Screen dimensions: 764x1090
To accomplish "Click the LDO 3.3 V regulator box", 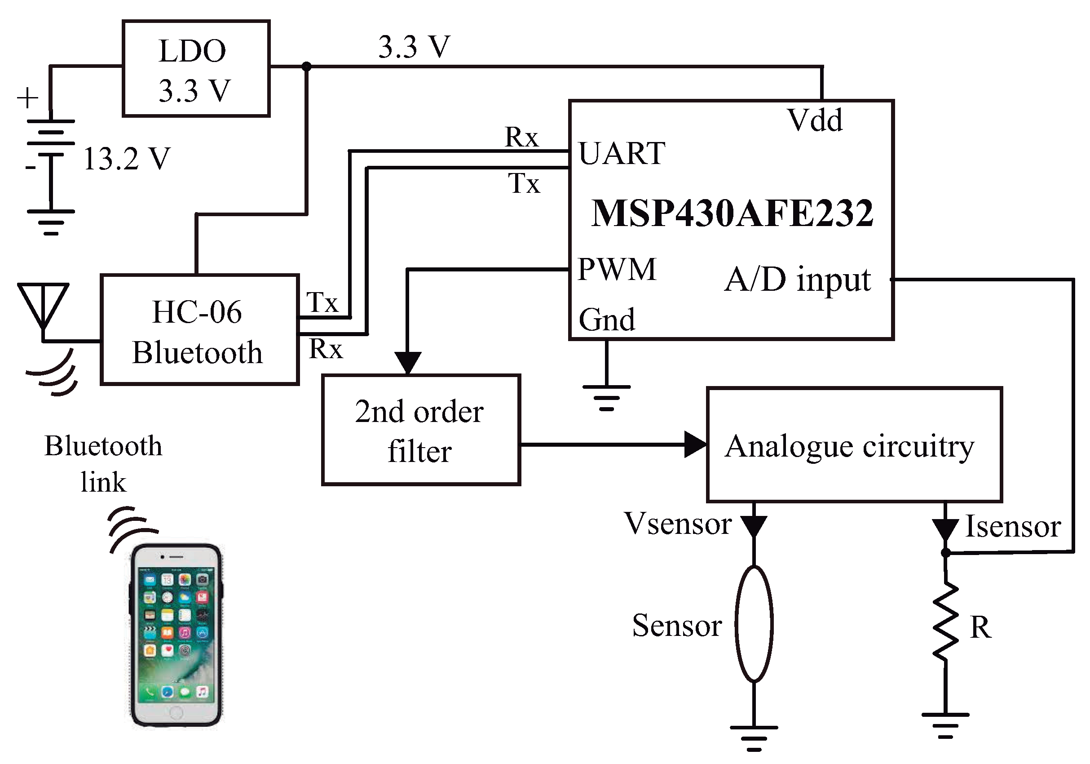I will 196,69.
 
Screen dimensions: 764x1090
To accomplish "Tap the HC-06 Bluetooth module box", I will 199,330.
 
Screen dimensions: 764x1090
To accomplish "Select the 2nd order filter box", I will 421,430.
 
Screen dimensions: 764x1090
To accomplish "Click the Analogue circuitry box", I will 854,445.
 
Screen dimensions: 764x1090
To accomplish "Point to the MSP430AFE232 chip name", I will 732,213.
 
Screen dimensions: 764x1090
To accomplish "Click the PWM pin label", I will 617,269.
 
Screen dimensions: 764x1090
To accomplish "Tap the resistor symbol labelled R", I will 945,622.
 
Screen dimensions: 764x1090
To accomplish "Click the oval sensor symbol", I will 754,624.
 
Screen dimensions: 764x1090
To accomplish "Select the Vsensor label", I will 677,524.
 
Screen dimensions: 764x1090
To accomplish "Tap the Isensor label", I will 1013,526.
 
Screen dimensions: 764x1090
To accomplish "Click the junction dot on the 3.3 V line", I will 307,67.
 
